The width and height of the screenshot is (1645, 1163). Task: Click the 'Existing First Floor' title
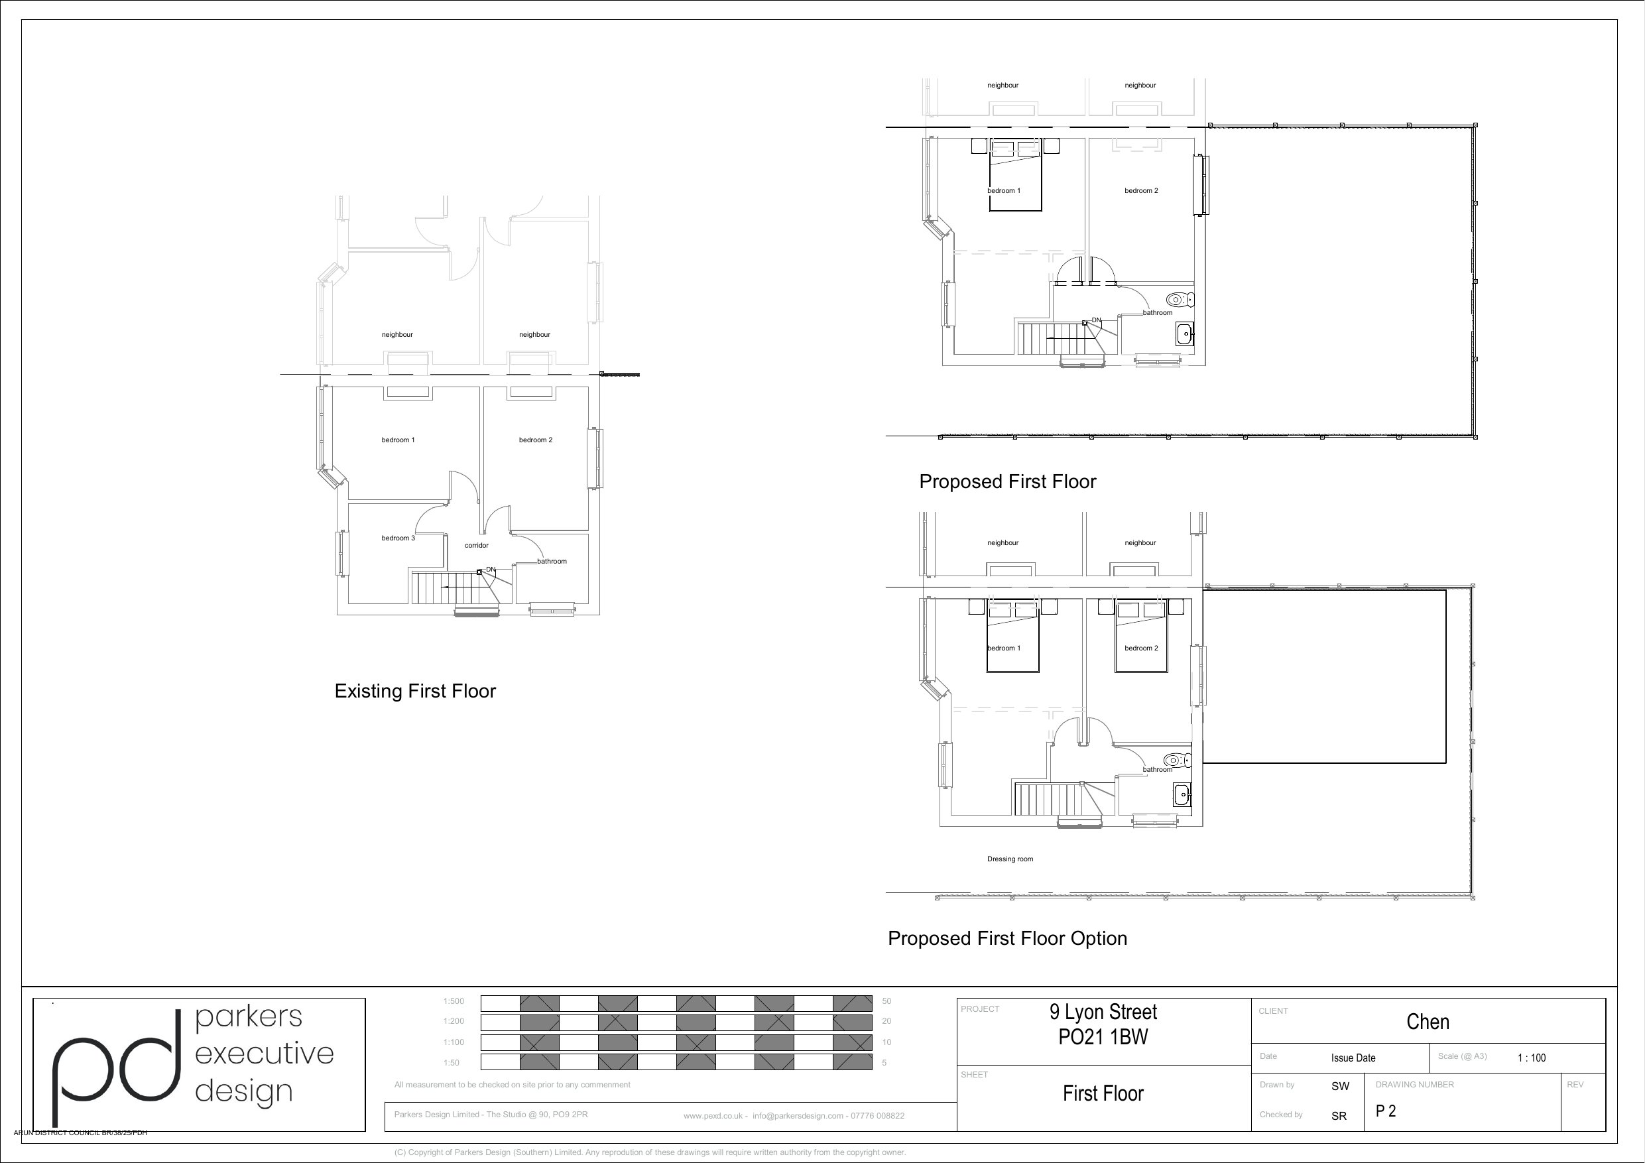point(415,691)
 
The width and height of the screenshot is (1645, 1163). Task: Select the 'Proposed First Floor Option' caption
point(1007,939)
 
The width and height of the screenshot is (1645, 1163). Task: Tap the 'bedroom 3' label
point(398,538)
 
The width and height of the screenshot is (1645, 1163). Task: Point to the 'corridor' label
point(477,545)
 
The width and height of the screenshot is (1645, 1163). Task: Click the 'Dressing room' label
point(1010,859)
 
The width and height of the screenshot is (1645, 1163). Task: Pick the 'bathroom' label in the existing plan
point(552,561)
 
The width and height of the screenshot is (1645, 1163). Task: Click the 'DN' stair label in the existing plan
point(491,570)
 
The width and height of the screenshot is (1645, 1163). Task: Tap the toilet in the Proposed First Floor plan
point(1180,299)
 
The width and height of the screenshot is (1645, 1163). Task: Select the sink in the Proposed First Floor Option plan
point(1182,795)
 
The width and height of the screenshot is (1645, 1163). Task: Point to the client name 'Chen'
point(1428,1022)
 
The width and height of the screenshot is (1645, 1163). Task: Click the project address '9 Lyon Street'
point(1103,1012)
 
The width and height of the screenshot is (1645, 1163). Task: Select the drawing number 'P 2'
point(1386,1111)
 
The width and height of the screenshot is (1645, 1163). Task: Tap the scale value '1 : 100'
point(1532,1058)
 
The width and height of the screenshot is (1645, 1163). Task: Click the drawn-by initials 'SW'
point(1341,1086)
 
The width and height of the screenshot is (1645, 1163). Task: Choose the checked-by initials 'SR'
point(1339,1117)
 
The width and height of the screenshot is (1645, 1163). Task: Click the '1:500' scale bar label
point(454,1001)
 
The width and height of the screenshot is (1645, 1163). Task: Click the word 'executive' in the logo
point(265,1054)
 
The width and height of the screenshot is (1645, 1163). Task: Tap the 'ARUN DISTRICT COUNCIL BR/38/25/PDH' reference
point(80,1133)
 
